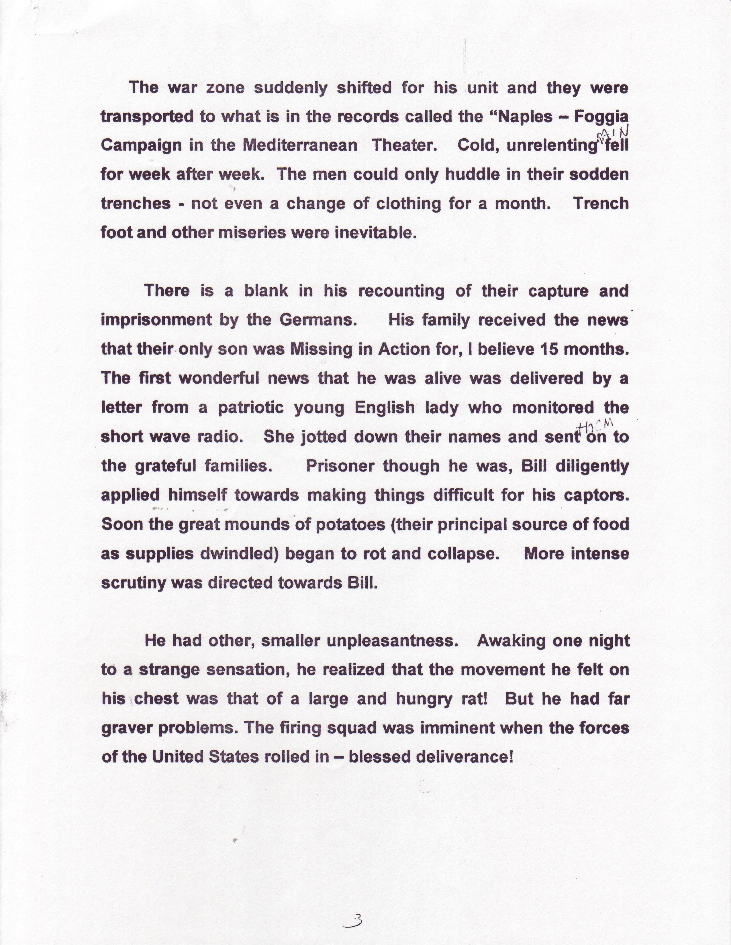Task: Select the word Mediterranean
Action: tap(300, 146)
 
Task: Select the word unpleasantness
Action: tap(392, 641)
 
